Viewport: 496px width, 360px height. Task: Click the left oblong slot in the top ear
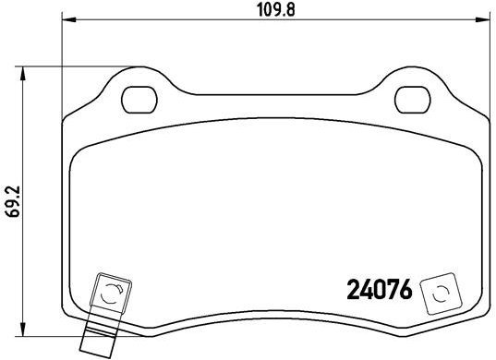pos(140,95)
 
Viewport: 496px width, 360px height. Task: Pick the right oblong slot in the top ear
pos(411,95)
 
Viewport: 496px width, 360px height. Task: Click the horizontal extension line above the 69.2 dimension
pos(83,66)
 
